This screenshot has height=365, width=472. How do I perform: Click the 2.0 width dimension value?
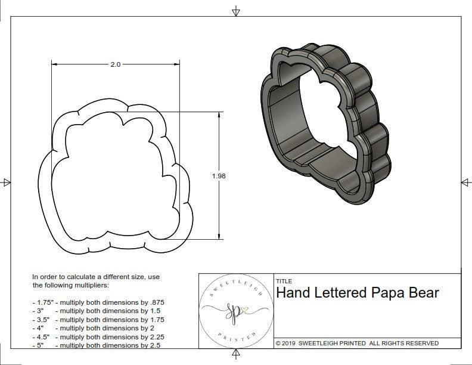point(115,64)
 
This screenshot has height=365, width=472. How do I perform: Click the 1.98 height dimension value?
point(218,176)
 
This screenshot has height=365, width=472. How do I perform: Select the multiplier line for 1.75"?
point(102,303)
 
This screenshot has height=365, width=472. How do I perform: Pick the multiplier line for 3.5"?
point(98,320)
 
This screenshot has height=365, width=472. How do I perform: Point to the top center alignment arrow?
point(236,11)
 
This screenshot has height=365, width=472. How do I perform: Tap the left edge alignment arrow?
point(6,182)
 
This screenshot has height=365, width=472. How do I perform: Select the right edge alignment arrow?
point(465,182)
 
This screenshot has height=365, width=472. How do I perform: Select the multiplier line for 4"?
point(94,328)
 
